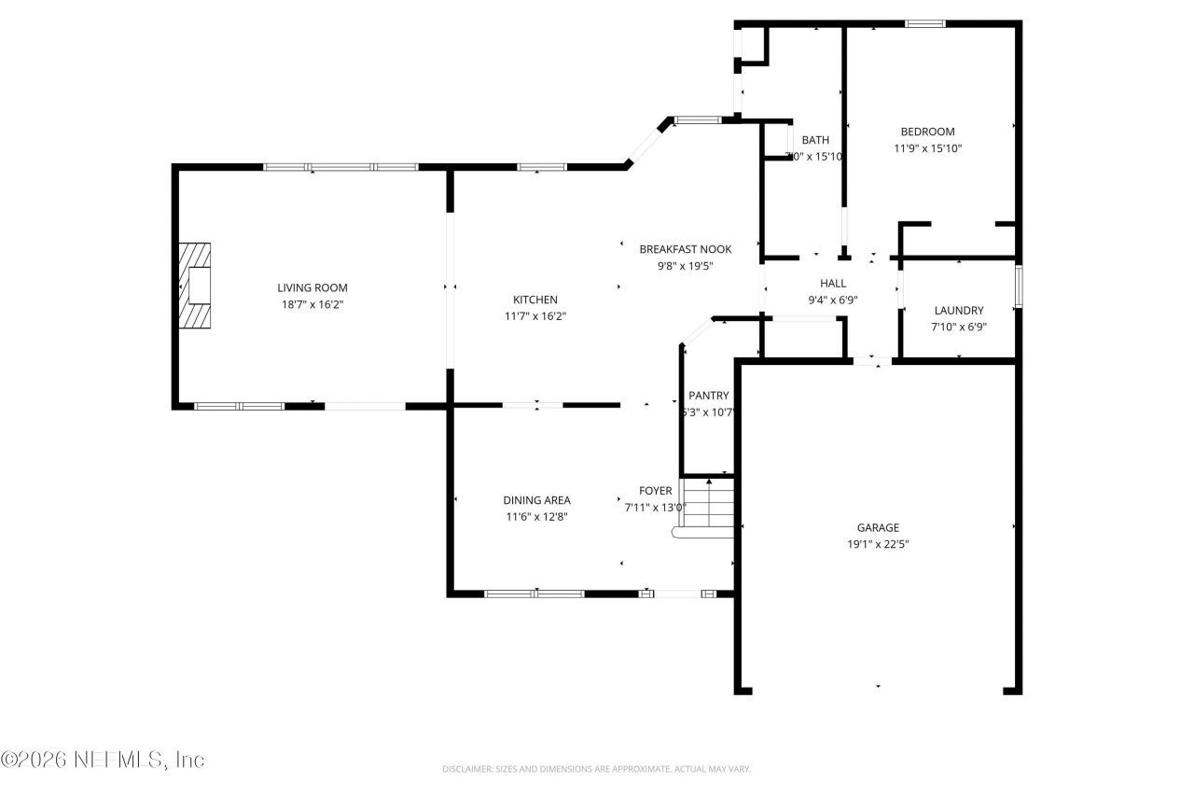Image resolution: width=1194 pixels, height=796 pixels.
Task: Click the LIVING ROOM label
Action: click(x=312, y=288)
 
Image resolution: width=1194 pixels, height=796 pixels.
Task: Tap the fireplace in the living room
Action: click(x=195, y=286)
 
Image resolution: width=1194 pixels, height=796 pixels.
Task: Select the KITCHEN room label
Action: click(x=535, y=300)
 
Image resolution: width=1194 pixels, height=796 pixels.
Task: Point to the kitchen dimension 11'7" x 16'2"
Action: click(x=535, y=316)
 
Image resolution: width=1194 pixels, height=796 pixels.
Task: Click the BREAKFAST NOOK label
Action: click(x=685, y=249)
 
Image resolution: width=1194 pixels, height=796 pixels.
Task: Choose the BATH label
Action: click(x=814, y=140)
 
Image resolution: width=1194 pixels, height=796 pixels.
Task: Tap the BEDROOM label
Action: click(x=927, y=132)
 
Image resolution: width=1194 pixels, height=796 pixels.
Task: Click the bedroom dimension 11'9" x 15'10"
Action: click(x=927, y=148)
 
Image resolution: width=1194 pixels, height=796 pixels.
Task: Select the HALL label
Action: click(x=833, y=283)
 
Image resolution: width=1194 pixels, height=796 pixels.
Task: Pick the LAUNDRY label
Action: click(x=959, y=311)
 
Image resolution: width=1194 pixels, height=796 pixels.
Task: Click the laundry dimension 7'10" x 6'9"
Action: click(x=959, y=327)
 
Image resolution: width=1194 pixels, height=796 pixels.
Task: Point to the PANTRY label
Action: click(x=708, y=396)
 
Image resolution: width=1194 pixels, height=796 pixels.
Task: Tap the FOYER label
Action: click(x=655, y=491)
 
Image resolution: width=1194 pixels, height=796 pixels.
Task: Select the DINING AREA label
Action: click(x=536, y=500)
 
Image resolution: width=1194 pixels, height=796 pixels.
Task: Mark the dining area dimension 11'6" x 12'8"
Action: click(x=536, y=516)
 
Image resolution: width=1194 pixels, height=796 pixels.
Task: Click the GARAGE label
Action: click(x=878, y=527)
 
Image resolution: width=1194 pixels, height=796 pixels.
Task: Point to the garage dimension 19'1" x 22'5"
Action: click(x=878, y=543)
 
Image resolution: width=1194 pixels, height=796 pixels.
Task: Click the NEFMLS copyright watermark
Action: click(x=103, y=760)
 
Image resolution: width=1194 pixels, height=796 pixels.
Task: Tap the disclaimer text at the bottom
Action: click(x=596, y=769)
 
